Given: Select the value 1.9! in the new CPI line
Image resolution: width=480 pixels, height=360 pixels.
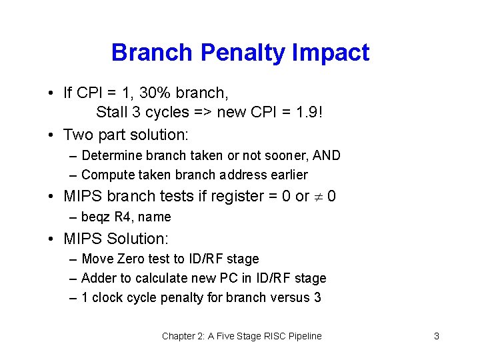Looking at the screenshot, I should point(306,112).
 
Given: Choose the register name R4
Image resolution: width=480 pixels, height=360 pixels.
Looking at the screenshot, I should point(124,217).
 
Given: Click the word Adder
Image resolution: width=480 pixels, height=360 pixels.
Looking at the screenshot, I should point(99,278).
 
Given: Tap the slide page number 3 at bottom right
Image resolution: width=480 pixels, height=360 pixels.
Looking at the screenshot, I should point(437,336).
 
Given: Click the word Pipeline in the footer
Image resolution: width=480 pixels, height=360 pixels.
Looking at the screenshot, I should point(302,336).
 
